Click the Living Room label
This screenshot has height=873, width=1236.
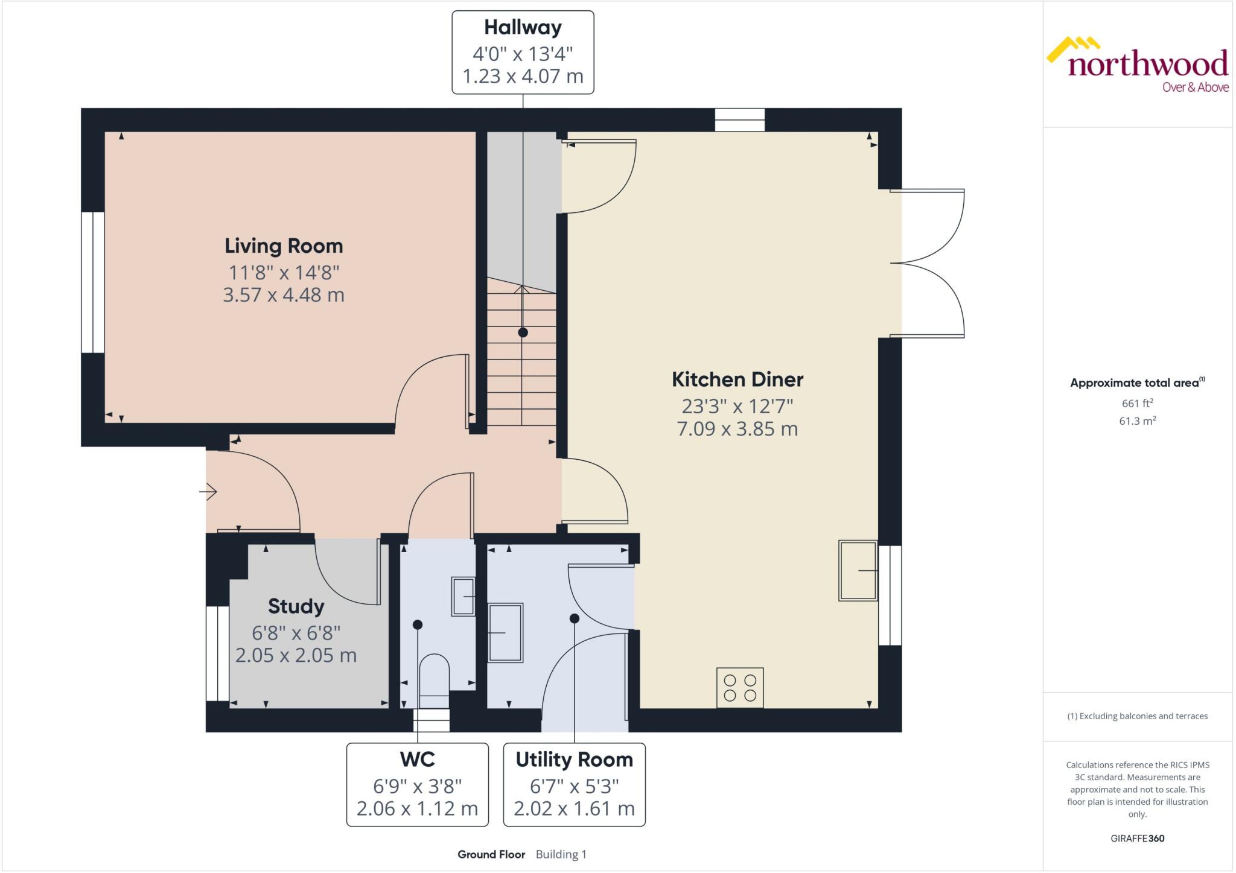[284, 246]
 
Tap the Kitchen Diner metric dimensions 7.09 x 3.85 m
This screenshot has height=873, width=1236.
[737, 429]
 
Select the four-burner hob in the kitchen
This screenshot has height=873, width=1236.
[740, 688]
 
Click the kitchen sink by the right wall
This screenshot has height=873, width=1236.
[858, 571]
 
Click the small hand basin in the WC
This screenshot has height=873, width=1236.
[463, 596]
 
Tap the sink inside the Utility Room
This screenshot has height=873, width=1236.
[505, 633]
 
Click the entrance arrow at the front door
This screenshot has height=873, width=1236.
[208, 492]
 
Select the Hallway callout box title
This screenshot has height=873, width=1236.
[523, 28]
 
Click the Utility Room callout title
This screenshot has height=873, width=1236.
[574, 760]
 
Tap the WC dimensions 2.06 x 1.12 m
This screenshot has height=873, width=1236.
[417, 808]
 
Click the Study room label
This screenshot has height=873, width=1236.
[296, 606]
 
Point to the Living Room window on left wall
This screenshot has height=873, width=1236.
[93, 282]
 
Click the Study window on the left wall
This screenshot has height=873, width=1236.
[217, 654]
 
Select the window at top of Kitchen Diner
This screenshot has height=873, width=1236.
[740, 120]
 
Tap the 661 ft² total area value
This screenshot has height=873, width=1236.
[1137, 403]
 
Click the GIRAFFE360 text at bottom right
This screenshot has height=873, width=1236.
[1137, 839]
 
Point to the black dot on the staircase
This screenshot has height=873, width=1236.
[523, 332]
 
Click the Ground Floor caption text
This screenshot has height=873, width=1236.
[491, 854]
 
